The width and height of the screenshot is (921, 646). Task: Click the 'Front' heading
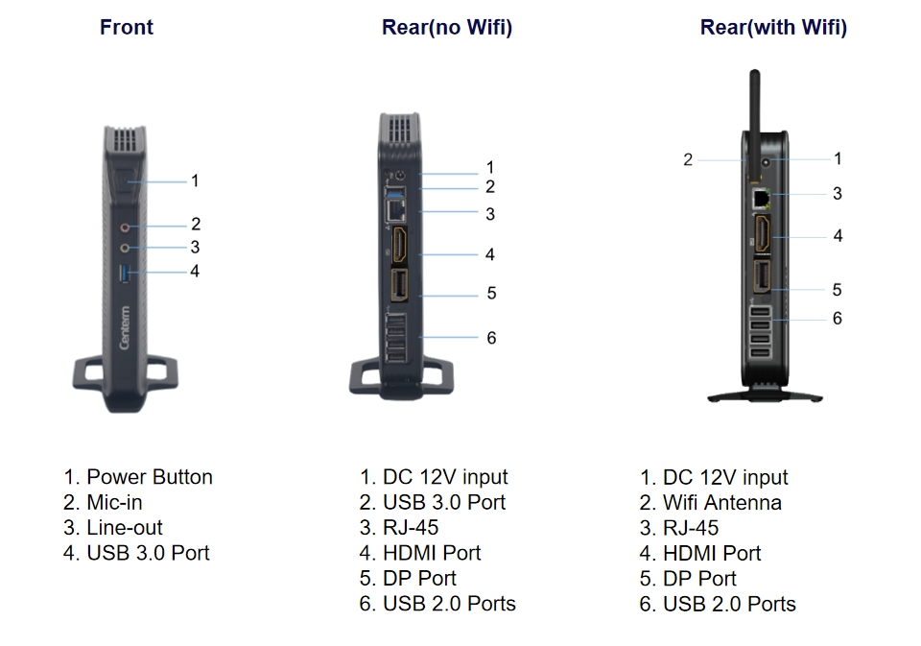[127, 27]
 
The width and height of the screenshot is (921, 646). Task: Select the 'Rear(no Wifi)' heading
[447, 28]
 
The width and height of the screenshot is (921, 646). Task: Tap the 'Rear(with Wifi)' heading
[773, 28]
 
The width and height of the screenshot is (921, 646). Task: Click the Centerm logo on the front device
[125, 327]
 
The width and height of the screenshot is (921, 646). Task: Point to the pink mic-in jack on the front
[125, 227]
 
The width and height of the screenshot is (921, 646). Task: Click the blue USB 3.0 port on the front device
[124, 274]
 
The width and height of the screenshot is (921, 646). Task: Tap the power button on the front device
[125, 181]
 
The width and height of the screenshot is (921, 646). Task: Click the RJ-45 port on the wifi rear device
[761, 199]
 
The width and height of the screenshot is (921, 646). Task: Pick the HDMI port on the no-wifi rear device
[399, 244]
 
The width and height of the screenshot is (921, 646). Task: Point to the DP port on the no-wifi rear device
[399, 285]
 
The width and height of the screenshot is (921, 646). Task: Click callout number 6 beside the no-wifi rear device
[491, 338]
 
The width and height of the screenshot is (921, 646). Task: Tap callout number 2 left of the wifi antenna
[688, 160]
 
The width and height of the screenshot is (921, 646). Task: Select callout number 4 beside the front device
[195, 271]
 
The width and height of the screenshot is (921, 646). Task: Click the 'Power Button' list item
[138, 477]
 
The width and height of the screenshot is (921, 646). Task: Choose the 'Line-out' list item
[113, 527]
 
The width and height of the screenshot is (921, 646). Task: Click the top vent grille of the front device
[125, 139]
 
